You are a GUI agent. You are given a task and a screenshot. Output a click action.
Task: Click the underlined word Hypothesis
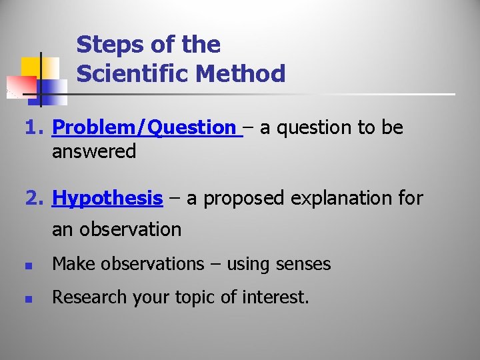pos(107,198)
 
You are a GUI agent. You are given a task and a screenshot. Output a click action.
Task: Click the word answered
pos(94,151)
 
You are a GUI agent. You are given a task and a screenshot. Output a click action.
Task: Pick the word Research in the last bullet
pos(85,297)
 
